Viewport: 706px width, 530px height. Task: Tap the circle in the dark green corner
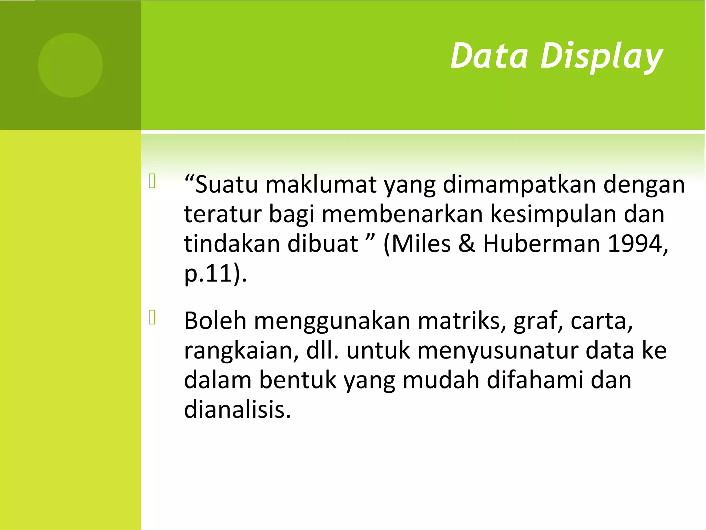coord(70,65)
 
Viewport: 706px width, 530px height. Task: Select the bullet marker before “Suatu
coord(152,181)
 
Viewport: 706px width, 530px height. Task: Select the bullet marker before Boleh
coord(152,317)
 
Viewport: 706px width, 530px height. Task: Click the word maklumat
coord(321,185)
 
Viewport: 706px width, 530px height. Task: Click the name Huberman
coord(541,244)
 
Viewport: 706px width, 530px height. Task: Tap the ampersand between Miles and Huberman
coord(467,244)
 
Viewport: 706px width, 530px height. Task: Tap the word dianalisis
coord(237,410)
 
